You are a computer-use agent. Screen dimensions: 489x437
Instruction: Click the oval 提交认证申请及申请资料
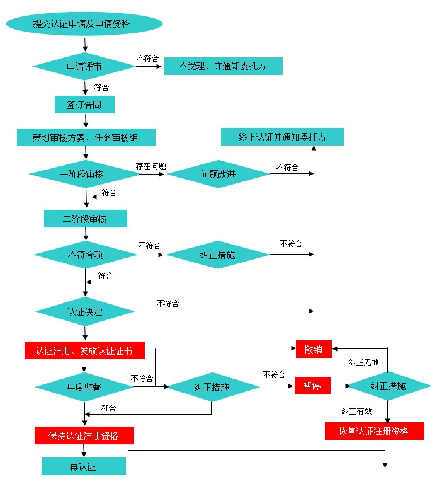click(84, 24)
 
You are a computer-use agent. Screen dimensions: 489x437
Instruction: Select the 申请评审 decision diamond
click(84, 66)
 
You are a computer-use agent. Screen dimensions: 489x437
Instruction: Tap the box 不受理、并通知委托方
click(223, 66)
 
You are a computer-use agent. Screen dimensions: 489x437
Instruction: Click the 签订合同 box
click(84, 105)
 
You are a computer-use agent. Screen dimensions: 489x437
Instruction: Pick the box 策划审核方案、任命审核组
click(86, 137)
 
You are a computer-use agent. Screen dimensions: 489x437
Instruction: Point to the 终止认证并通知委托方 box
click(282, 137)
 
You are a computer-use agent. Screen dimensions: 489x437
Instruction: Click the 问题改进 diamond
click(218, 175)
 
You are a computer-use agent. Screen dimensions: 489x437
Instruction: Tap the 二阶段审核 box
click(85, 219)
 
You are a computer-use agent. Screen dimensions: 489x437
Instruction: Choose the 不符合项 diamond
click(85, 255)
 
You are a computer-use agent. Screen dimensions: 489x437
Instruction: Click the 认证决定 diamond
click(85, 311)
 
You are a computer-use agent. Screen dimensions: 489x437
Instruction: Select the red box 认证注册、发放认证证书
click(85, 350)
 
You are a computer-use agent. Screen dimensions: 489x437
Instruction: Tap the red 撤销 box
click(314, 349)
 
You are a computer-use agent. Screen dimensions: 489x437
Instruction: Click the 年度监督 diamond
click(84, 386)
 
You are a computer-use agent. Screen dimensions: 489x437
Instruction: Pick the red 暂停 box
click(312, 386)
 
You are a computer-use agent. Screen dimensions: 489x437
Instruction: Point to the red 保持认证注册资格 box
click(84, 435)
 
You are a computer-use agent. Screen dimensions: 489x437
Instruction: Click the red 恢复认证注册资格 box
click(375, 432)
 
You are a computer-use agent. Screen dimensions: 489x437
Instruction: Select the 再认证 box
click(84, 466)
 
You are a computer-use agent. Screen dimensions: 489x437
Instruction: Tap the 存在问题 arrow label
click(151, 166)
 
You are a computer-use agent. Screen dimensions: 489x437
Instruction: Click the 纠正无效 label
click(364, 363)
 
